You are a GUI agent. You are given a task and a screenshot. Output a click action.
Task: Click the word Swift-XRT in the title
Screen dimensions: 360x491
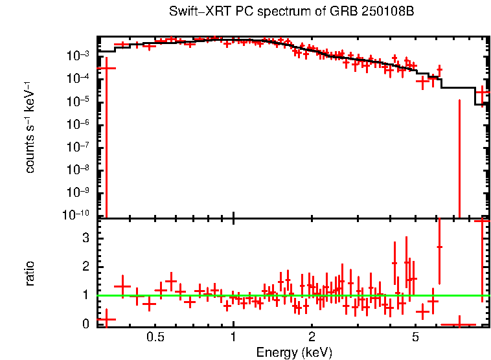coord(192,12)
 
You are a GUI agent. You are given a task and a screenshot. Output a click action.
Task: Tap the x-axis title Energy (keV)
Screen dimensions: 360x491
coord(294,352)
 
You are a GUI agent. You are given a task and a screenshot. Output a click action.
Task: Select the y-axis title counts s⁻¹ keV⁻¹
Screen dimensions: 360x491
coord(30,127)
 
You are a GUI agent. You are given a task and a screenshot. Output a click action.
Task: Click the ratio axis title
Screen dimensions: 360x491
coord(30,273)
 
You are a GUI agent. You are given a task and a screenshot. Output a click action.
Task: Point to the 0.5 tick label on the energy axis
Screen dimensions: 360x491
coord(155,337)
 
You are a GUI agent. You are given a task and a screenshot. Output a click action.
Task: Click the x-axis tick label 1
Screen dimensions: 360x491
coord(233,337)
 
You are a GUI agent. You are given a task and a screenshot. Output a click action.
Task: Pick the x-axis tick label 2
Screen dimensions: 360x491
coord(312,337)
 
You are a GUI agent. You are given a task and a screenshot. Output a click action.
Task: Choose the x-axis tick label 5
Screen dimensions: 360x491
coord(415,337)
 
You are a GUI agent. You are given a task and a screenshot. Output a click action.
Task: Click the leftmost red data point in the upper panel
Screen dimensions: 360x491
coord(106,67)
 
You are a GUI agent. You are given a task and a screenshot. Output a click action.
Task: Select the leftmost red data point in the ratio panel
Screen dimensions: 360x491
coord(106,319)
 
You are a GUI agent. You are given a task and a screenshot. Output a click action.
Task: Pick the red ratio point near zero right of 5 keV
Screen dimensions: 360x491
coord(459,324)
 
